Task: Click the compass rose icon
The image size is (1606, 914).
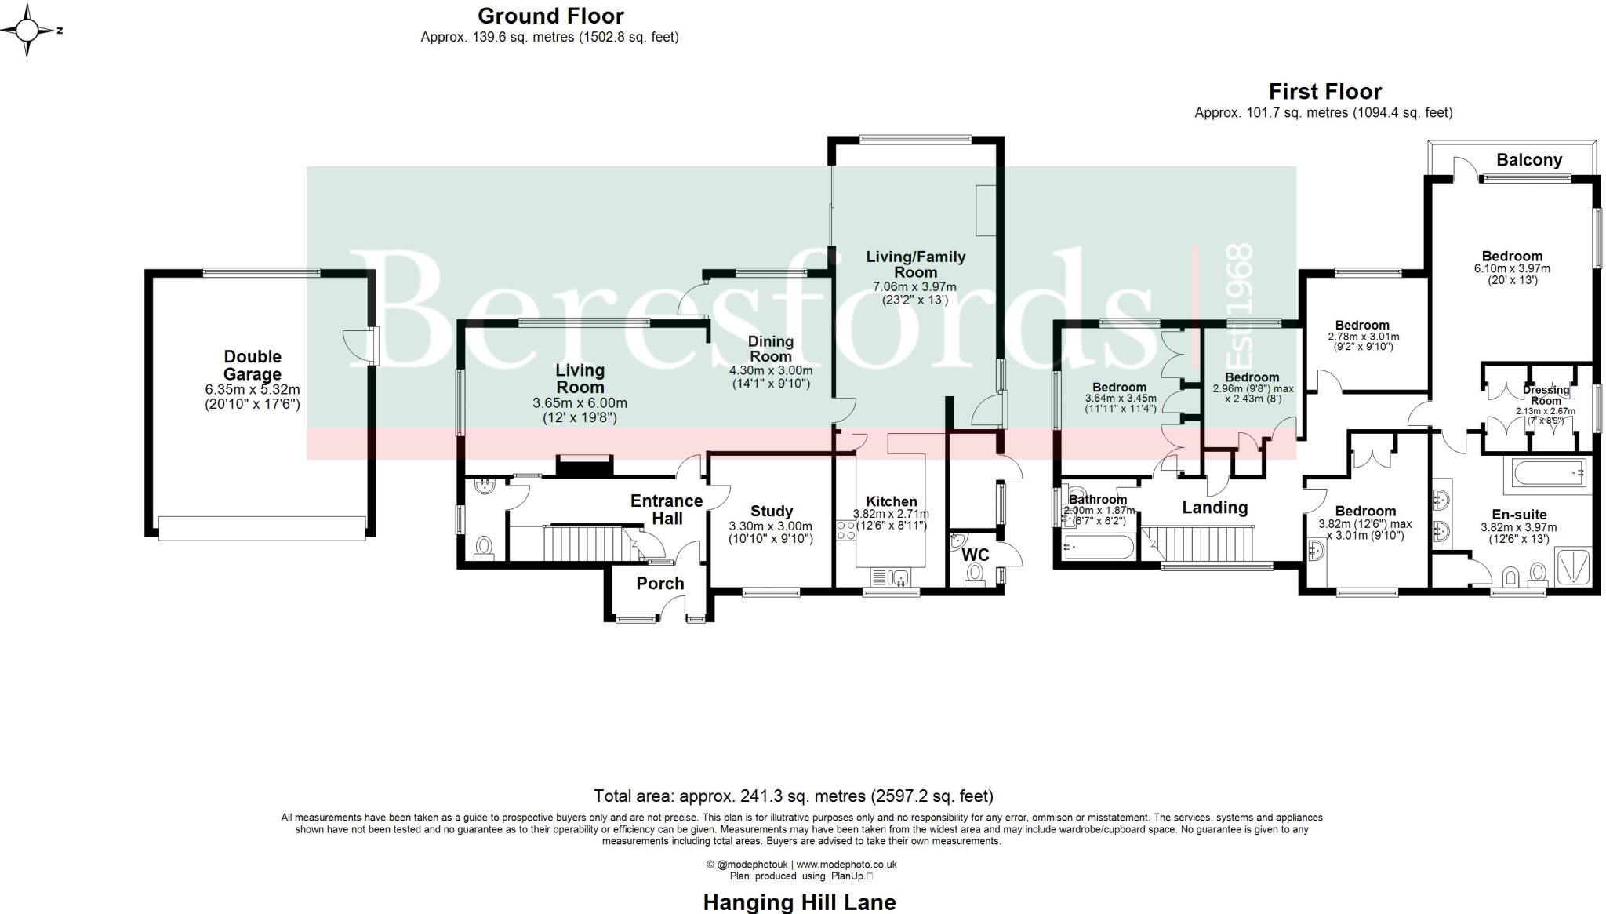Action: (27, 31)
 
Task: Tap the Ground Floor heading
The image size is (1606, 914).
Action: (550, 16)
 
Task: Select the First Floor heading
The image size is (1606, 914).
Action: (1324, 91)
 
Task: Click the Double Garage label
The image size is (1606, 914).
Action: (253, 366)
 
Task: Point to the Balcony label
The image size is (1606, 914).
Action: (1528, 160)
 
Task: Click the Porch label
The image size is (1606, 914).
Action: (660, 583)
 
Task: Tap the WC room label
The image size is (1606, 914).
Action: (975, 555)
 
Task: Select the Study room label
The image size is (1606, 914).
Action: (771, 511)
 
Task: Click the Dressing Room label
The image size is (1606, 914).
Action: (1546, 395)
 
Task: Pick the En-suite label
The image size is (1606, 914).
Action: (1519, 515)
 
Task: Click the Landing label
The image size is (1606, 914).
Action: (1215, 508)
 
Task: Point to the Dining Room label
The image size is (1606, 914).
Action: (770, 348)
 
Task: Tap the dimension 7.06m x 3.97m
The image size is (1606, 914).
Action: (914, 287)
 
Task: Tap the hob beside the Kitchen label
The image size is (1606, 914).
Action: (846, 530)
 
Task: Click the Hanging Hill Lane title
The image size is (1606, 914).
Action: (799, 902)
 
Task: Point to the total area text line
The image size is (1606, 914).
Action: (793, 796)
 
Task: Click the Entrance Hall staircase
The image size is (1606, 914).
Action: (580, 544)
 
